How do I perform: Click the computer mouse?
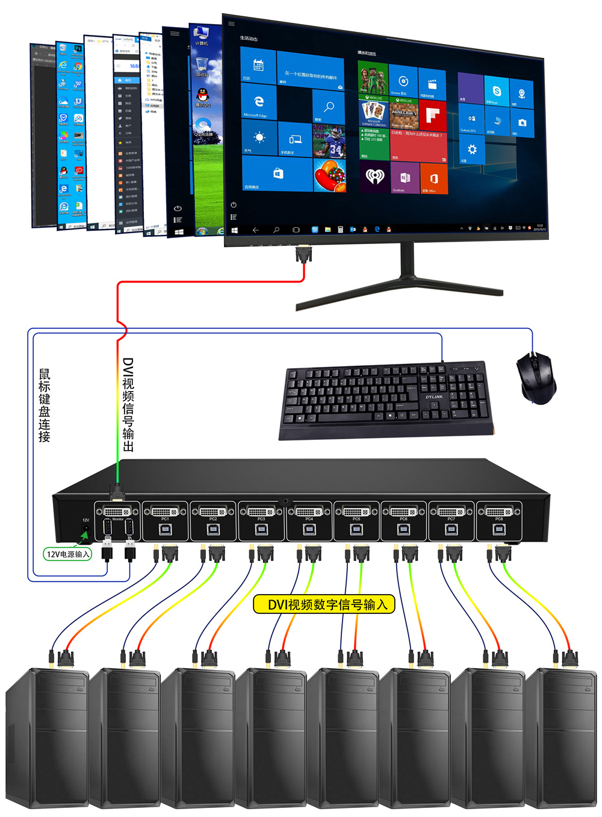(x=536, y=378)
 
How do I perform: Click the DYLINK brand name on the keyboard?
(x=434, y=397)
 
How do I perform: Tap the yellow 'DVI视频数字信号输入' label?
(x=324, y=604)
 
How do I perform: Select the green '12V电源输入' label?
(x=68, y=554)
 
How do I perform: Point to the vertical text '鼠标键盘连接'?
(x=45, y=405)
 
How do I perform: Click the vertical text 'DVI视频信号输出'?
(x=128, y=404)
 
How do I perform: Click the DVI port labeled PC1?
(x=164, y=512)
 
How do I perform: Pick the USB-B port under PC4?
(x=309, y=530)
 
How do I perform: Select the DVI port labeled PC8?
(x=498, y=512)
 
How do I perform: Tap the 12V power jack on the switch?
(x=85, y=531)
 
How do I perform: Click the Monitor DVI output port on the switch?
(x=117, y=512)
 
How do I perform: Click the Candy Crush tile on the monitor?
(x=330, y=175)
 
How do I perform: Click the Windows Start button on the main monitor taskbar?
(x=234, y=230)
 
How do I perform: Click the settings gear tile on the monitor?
(x=472, y=149)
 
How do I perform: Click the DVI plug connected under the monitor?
(x=304, y=254)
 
